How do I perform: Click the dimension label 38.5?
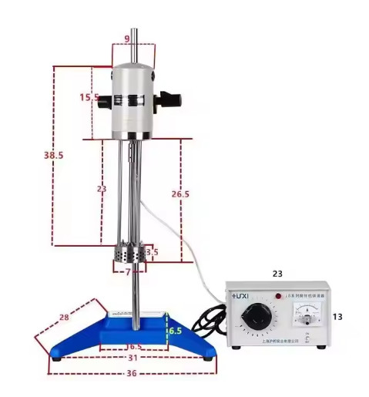pos(53,155)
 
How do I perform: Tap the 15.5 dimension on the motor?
pos(89,97)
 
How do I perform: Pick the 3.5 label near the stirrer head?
pos(152,252)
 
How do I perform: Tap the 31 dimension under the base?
pos(133,357)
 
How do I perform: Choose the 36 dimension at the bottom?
pos(132,374)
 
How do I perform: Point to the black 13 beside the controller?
pos(337,317)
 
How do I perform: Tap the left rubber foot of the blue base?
pos(56,355)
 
